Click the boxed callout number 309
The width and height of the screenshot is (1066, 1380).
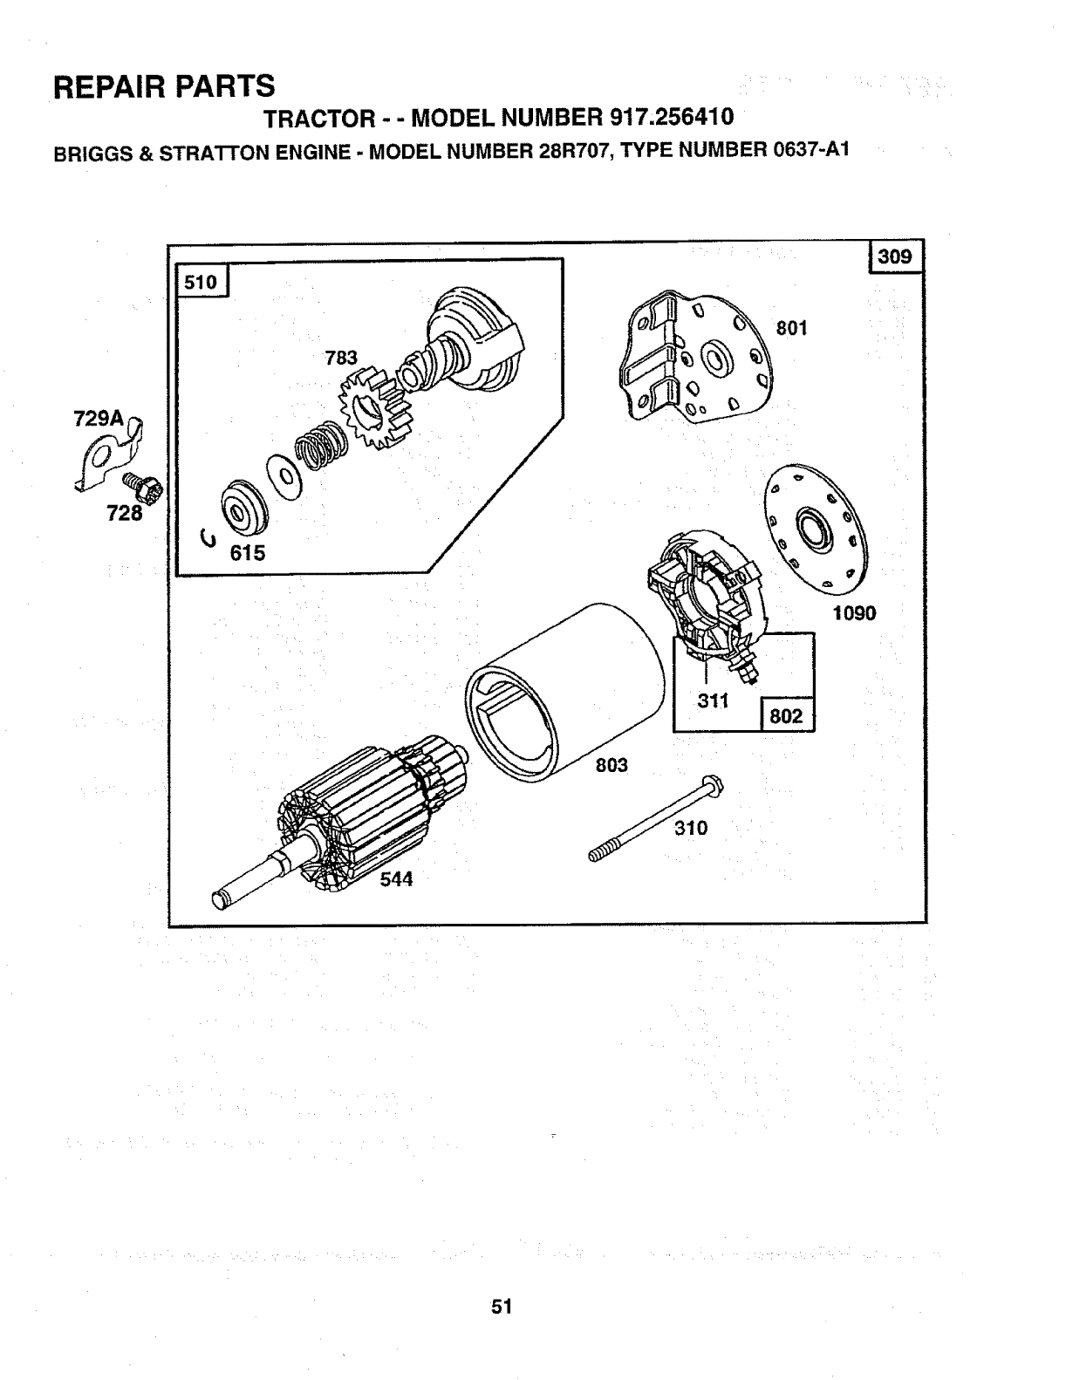tap(896, 256)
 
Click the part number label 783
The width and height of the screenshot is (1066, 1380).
tap(341, 358)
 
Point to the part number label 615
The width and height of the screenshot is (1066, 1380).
tap(247, 553)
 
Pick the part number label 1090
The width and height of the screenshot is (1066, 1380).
tap(853, 613)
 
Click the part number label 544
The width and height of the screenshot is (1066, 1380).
tap(395, 879)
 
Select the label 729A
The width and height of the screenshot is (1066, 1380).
tap(92, 420)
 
